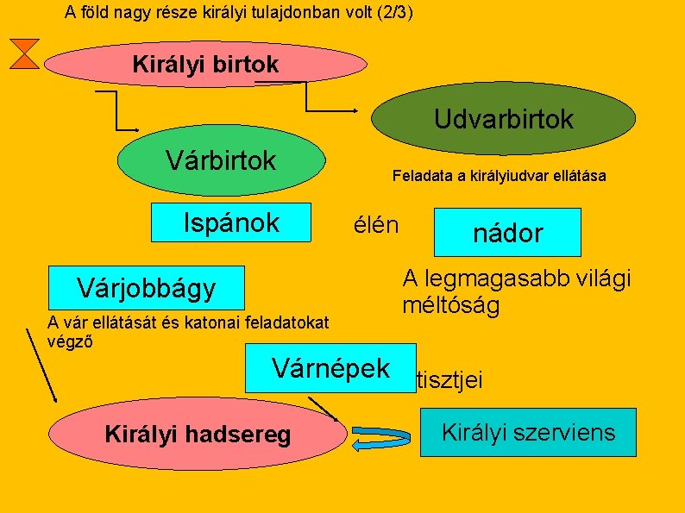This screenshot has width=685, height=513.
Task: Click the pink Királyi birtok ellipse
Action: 205,65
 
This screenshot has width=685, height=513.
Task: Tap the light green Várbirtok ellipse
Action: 222,160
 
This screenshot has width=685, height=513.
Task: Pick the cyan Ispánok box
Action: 230,223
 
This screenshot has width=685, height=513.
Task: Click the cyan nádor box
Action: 507,232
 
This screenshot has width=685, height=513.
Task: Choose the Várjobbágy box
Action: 147,288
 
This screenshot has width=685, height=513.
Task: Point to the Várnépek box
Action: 330,368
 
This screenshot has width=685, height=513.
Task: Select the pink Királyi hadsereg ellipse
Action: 198,435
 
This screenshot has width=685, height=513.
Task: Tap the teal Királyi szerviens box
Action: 528,432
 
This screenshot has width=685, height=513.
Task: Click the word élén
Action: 376,226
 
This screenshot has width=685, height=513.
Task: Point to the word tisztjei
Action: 449,380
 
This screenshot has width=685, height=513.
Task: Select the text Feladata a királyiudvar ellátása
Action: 499,176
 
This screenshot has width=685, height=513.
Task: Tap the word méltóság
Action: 450,305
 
